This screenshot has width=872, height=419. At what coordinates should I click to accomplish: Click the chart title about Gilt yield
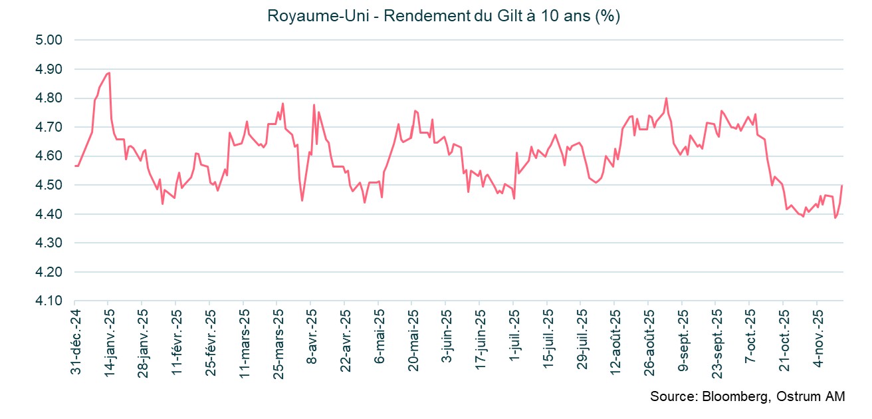tap(443, 16)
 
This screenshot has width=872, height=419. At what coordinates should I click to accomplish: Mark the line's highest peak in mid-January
tap(109, 73)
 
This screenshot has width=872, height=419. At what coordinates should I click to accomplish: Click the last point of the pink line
tap(842, 186)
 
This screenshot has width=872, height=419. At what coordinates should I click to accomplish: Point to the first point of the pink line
tap(75, 166)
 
